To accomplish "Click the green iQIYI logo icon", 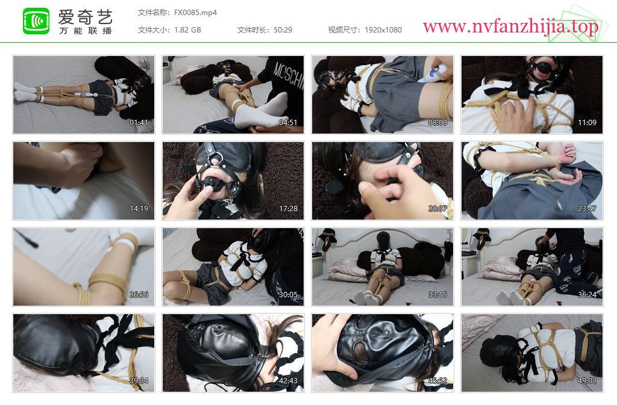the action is click(x=36, y=21).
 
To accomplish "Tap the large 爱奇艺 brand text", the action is click(x=86, y=17).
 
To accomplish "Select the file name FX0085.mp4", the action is click(x=196, y=13).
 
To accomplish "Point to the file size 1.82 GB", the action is click(x=188, y=30).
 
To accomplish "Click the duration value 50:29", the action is click(x=283, y=30).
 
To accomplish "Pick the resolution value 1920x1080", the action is click(x=383, y=30).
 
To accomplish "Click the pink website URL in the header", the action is click(x=511, y=26).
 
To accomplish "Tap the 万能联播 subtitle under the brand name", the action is click(x=86, y=31).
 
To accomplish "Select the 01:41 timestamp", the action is click(x=139, y=123).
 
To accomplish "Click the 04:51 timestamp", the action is click(x=288, y=123).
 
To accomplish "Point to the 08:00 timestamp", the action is click(x=437, y=123).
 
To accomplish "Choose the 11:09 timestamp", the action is click(x=587, y=123).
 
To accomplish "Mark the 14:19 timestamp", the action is click(x=139, y=209).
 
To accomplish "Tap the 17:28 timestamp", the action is click(x=288, y=209).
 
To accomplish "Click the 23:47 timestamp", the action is click(x=587, y=209).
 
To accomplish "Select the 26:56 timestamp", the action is click(x=139, y=295).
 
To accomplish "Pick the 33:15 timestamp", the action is click(x=437, y=295).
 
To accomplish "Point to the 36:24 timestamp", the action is click(x=587, y=295).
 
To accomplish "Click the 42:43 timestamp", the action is click(x=288, y=381).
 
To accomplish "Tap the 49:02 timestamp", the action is click(x=587, y=381).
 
